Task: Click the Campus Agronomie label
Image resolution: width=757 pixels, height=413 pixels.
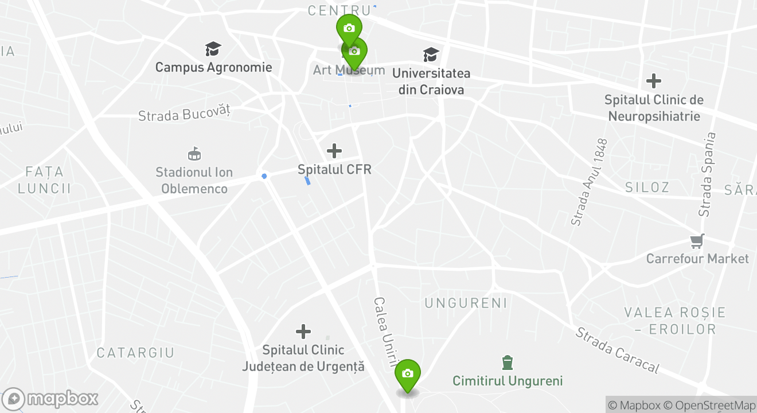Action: click(213, 67)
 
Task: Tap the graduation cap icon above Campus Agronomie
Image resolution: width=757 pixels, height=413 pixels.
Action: click(213, 49)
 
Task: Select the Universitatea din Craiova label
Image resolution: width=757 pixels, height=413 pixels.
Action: click(431, 81)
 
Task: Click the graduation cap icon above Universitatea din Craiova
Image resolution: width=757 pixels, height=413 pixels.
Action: click(431, 54)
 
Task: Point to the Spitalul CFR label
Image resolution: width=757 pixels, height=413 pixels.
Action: click(334, 169)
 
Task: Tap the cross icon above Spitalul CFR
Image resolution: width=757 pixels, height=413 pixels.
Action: click(334, 151)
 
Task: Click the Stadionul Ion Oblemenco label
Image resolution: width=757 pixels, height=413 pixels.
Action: click(194, 180)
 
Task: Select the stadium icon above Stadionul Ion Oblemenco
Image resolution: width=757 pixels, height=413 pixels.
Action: click(194, 154)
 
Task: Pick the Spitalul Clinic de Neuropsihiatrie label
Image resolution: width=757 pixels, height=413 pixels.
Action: click(654, 108)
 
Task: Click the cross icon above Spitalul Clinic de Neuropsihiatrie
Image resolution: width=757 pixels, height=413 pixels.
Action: click(653, 81)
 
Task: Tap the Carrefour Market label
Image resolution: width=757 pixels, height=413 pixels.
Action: click(697, 259)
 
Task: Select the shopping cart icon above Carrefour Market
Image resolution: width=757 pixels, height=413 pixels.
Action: click(697, 241)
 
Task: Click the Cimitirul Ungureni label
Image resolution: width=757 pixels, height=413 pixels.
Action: click(508, 381)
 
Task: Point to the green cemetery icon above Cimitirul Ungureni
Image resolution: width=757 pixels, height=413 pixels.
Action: click(507, 363)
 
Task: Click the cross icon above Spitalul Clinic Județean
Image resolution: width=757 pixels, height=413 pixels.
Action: click(303, 331)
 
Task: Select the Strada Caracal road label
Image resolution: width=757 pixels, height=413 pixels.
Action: click(617, 350)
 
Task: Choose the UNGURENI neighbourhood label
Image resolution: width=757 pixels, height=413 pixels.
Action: click(466, 303)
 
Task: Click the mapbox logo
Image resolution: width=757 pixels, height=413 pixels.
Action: click(50, 399)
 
